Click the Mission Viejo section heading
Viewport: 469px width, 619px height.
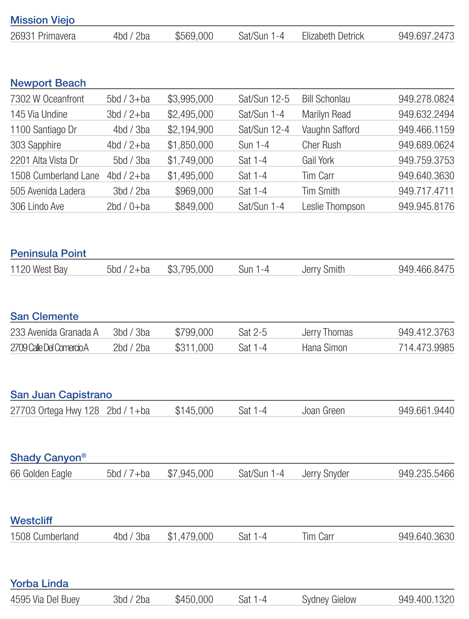point(43,20)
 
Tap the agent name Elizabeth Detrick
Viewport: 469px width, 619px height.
point(333,36)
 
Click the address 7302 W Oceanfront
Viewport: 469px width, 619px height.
point(47,99)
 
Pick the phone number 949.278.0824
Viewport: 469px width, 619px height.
point(426,99)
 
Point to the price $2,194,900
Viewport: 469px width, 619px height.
point(190,130)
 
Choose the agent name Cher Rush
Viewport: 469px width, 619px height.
point(321,145)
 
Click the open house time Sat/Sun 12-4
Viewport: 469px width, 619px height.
point(263,130)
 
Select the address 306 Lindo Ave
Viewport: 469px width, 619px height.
point(37,207)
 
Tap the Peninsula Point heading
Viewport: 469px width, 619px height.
point(48,254)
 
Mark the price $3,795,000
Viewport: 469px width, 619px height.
point(190,269)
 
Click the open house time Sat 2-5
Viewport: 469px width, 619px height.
point(252,332)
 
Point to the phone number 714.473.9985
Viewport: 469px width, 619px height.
point(426,348)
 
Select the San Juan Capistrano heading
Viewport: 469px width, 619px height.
point(61,395)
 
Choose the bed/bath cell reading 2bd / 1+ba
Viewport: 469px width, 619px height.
point(128,410)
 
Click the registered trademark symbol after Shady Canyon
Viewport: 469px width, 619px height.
point(84,456)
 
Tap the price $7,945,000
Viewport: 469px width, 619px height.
point(190,474)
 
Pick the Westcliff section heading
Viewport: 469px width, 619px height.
point(31,521)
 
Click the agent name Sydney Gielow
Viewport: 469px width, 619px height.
point(329,600)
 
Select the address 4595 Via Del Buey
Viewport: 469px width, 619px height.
point(45,600)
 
